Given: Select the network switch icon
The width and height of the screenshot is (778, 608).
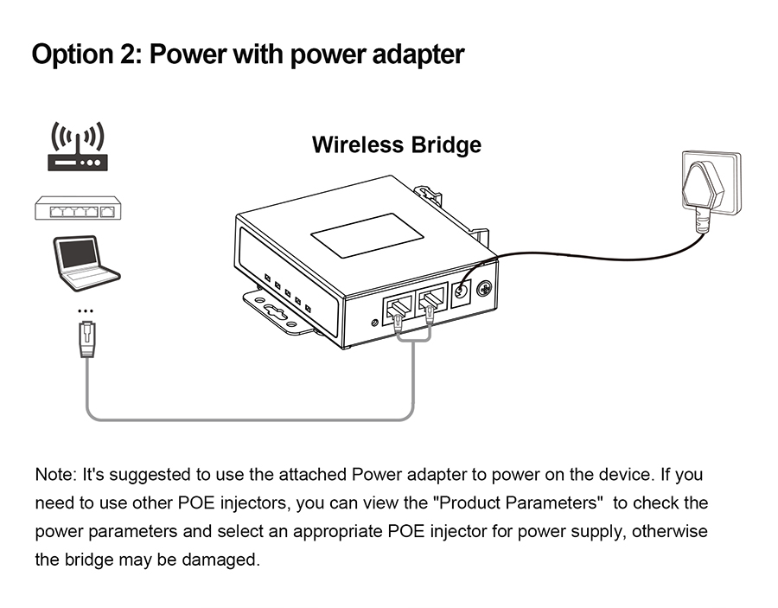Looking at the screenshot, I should point(78,208).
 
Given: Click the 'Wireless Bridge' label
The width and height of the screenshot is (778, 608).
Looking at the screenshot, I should point(396,144).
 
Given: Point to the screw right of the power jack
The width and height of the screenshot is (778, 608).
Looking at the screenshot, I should point(484,291).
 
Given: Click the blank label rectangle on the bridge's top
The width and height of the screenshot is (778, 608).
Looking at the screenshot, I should point(367,235).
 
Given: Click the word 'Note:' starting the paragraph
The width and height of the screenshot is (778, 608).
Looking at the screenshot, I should point(55,475).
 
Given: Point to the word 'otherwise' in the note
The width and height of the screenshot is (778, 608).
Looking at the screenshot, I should point(669,530).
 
